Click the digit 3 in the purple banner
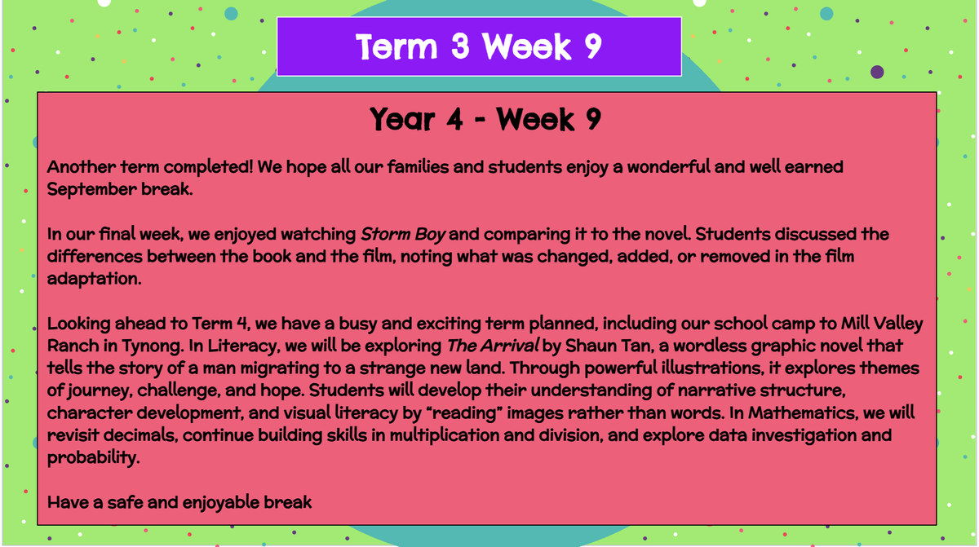[460, 46]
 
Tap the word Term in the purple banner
[396, 46]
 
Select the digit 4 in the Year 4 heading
[454, 119]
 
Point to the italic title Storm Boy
[403, 235]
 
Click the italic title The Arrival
[493, 346]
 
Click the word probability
[93, 458]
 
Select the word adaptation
[95, 279]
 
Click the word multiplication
[445, 435]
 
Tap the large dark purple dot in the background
[877, 72]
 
